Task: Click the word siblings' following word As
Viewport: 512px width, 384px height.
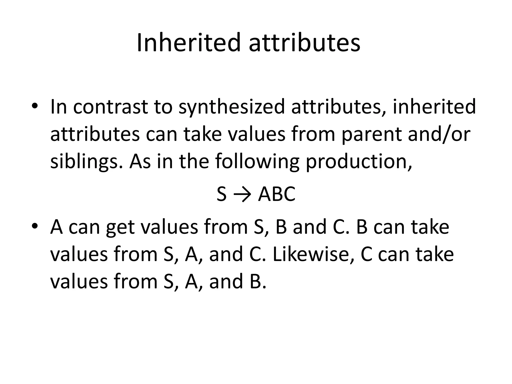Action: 140,162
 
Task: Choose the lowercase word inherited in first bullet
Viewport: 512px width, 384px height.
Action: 434,107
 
